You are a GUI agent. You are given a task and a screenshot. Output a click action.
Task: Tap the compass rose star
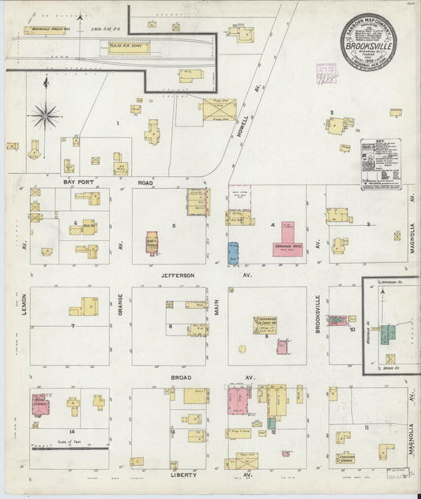[x=45, y=116]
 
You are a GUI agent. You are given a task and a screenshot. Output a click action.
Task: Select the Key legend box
[x=380, y=164]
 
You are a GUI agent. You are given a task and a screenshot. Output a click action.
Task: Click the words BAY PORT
[x=79, y=182]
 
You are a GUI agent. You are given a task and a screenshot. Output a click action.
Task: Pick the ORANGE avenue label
[x=120, y=304]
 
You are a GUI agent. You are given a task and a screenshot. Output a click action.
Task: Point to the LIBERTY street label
[x=187, y=476]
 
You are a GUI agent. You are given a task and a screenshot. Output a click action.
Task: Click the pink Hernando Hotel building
[x=288, y=238]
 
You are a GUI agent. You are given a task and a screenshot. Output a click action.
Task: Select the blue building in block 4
[x=234, y=253]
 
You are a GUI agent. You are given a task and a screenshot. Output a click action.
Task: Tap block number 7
[x=72, y=325]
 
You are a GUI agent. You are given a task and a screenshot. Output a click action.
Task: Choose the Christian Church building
[x=346, y=456]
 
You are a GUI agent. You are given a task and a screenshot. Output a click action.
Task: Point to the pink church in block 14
[x=39, y=402]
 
